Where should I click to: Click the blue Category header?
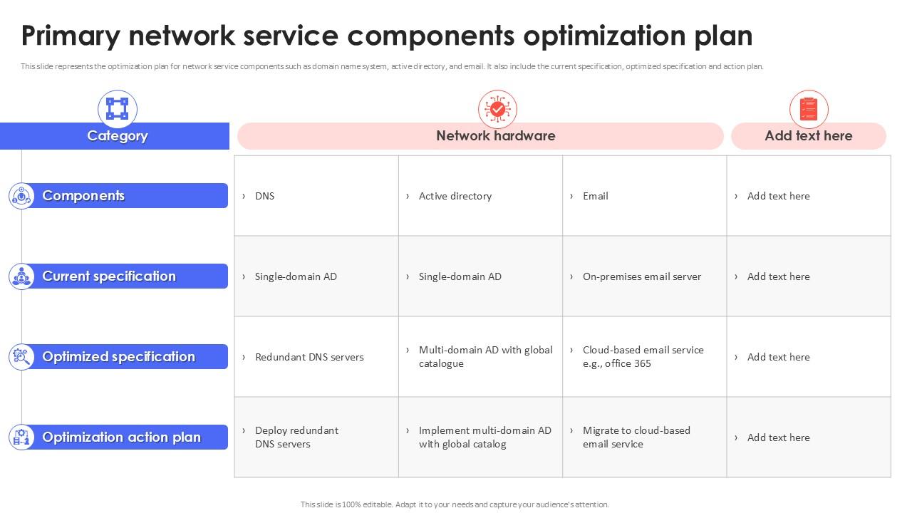pyautogui.click(x=116, y=136)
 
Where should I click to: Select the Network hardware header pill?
pyautogui.click(x=480, y=136)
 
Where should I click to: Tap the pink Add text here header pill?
pyautogui.click(x=808, y=136)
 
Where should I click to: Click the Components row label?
pyautogui.click(x=118, y=196)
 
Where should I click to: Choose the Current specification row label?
pyautogui.click(x=118, y=276)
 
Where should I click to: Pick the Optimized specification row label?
pyautogui.click(x=118, y=357)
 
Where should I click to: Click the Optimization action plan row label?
pyautogui.click(x=118, y=437)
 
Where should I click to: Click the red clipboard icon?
pyautogui.click(x=808, y=110)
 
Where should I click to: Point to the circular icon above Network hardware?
pyautogui.click(x=497, y=109)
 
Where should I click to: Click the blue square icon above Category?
pyautogui.click(x=117, y=109)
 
